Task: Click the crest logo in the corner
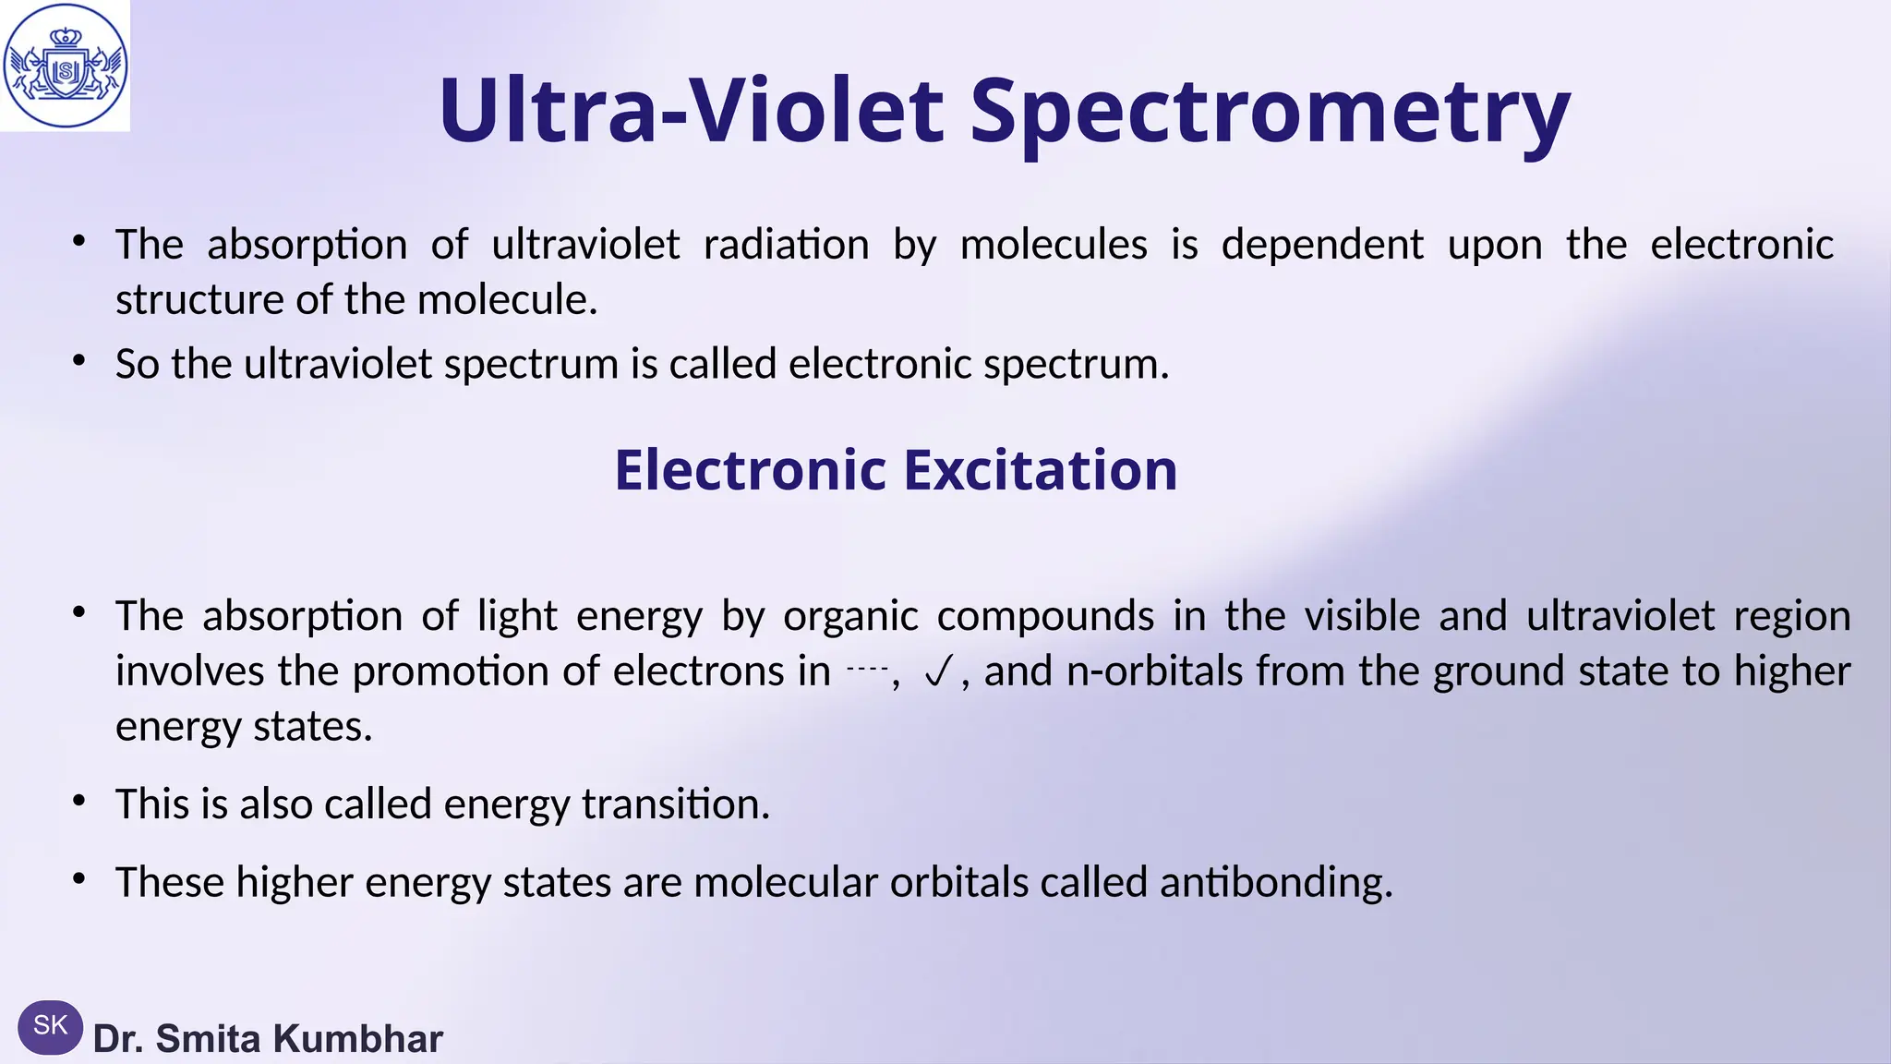[65, 66]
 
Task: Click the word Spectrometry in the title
[1270, 111]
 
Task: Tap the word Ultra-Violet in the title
[691, 111]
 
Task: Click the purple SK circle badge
[50, 1026]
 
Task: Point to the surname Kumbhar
[358, 1039]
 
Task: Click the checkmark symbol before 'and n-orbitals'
[936, 673]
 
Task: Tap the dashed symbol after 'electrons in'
[867, 668]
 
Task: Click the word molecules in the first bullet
[1054, 245]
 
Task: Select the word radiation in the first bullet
[786, 245]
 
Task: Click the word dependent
[1322, 245]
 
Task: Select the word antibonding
[1276, 882]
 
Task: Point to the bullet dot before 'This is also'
[79, 800]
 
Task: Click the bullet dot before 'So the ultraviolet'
[79, 360]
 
